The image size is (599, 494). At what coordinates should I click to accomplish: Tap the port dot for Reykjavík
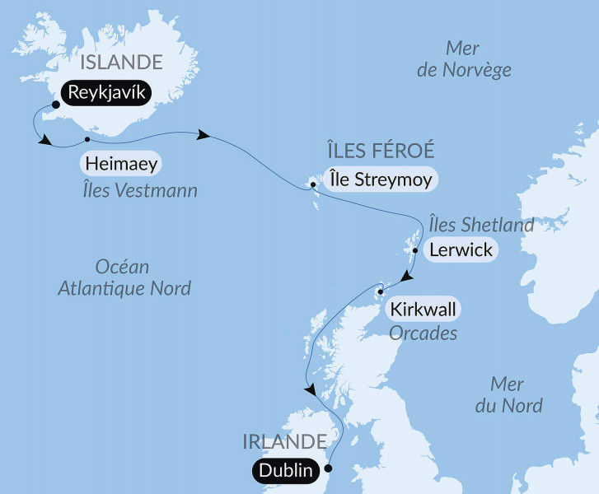click(x=55, y=105)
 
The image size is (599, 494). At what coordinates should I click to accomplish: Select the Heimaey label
click(x=120, y=163)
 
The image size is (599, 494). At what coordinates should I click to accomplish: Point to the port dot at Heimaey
click(x=87, y=138)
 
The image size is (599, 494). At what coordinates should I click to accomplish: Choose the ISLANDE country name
click(x=121, y=62)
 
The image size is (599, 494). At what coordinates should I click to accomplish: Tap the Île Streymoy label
click(x=379, y=179)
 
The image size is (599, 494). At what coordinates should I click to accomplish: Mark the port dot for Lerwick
click(x=416, y=250)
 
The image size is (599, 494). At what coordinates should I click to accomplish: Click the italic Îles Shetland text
click(x=481, y=224)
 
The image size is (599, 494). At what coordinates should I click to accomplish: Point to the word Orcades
click(x=422, y=334)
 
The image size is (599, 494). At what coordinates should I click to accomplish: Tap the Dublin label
click(x=284, y=471)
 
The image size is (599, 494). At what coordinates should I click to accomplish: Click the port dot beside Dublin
click(x=328, y=468)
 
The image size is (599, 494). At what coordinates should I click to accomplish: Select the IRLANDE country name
click(x=284, y=441)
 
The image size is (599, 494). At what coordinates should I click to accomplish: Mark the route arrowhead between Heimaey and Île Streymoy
click(x=202, y=134)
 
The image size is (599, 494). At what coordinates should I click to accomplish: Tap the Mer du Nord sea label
click(x=516, y=394)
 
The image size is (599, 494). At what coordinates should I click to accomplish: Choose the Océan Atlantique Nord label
click(x=124, y=277)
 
